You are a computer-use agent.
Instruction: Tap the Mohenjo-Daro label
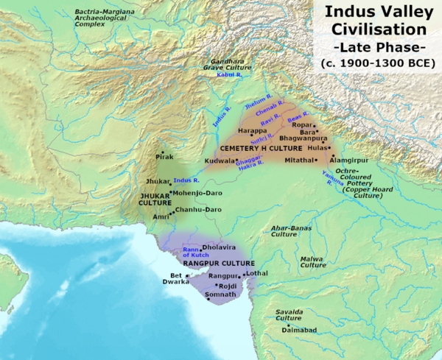198,193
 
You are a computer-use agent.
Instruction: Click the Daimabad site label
298,332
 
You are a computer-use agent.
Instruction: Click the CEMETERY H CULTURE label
257,148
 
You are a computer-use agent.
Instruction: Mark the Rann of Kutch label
191,252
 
